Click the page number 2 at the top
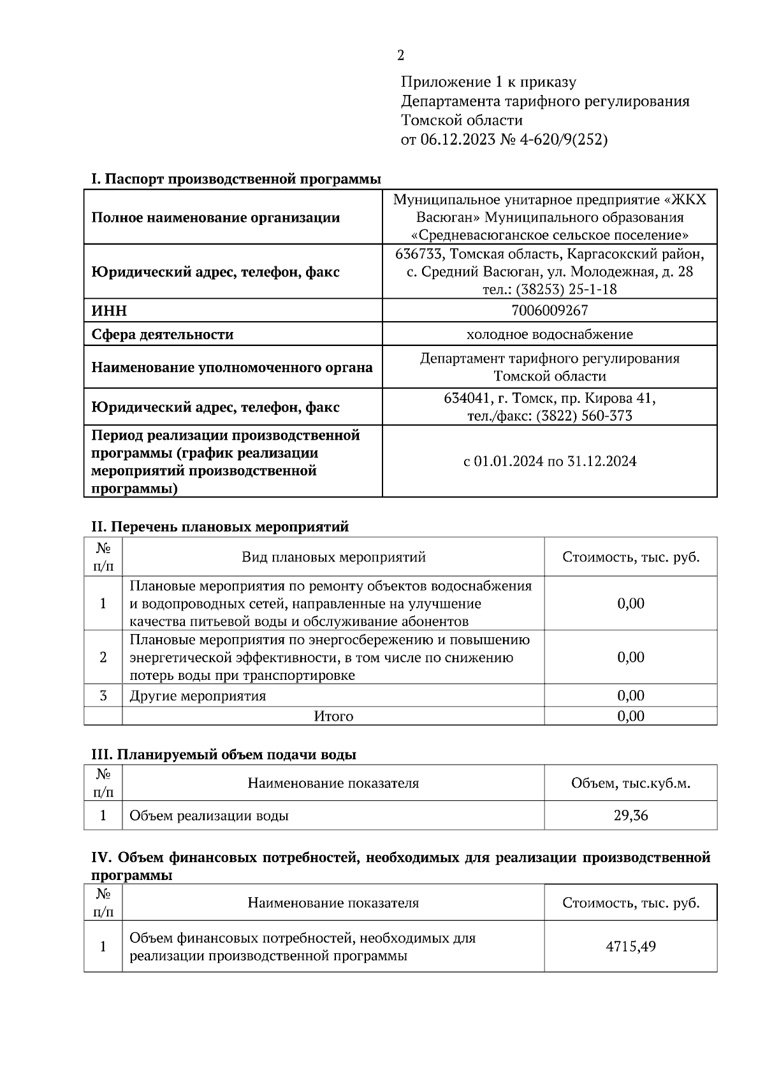(x=400, y=56)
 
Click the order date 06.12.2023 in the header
(x=457, y=140)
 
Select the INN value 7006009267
(x=549, y=310)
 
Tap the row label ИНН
(x=109, y=311)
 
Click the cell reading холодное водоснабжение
(x=549, y=335)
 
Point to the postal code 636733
(x=419, y=254)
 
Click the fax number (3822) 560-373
(x=584, y=416)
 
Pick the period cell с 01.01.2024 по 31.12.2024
(x=549, y=461)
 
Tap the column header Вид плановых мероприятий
(x=333, y=558)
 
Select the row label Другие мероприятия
(x=198, y=695)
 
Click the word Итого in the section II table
(x=333, y=716)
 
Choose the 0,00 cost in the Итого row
(x=630, y=716)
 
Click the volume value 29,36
(x=630, y=815)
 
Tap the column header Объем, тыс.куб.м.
(x=630, y=783)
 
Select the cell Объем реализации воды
(x=209, y=816)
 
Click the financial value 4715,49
(x=630, y=946)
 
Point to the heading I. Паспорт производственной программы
(x=236, y=179)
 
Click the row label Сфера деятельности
(x=163, y=335)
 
